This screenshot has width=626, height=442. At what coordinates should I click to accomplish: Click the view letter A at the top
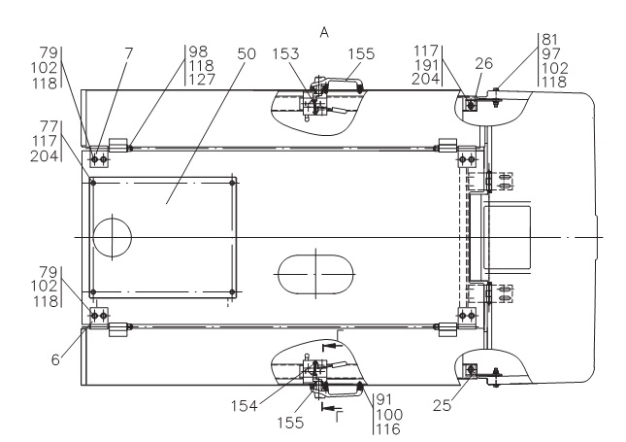pos(324,32)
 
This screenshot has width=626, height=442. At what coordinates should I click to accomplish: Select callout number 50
pos(247,53)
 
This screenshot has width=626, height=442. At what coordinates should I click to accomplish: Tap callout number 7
pos(128,53)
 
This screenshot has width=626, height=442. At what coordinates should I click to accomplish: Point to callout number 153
pos(285,53)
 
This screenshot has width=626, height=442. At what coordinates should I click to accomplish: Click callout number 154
pos(245,406)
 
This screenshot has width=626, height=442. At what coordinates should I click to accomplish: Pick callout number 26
pos(484,63)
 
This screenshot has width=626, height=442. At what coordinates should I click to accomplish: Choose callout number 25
pos(442,406)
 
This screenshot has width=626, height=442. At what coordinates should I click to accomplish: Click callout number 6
pos(55,359)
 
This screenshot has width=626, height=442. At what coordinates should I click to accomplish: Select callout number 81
pos(549,40)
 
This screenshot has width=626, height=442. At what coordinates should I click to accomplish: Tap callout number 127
pos(202,79)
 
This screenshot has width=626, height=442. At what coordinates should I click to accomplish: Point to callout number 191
pos(427,65)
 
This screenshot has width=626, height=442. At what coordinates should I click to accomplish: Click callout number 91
pos(384,399)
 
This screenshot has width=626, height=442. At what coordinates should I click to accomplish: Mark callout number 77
pos(49,126)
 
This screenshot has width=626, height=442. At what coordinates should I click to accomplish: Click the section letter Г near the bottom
pos(339,417)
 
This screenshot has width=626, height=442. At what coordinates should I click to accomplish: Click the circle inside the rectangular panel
pos(113,237)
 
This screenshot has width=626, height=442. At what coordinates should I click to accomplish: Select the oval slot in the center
pos(316,274)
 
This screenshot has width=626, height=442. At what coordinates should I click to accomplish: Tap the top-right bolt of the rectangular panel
pos(232,183)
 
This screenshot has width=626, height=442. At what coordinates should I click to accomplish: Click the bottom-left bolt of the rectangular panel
pos(93,292)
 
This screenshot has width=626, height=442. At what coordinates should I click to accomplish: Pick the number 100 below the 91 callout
pos(389,415)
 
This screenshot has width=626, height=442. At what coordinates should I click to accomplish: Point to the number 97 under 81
pos(551,53)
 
